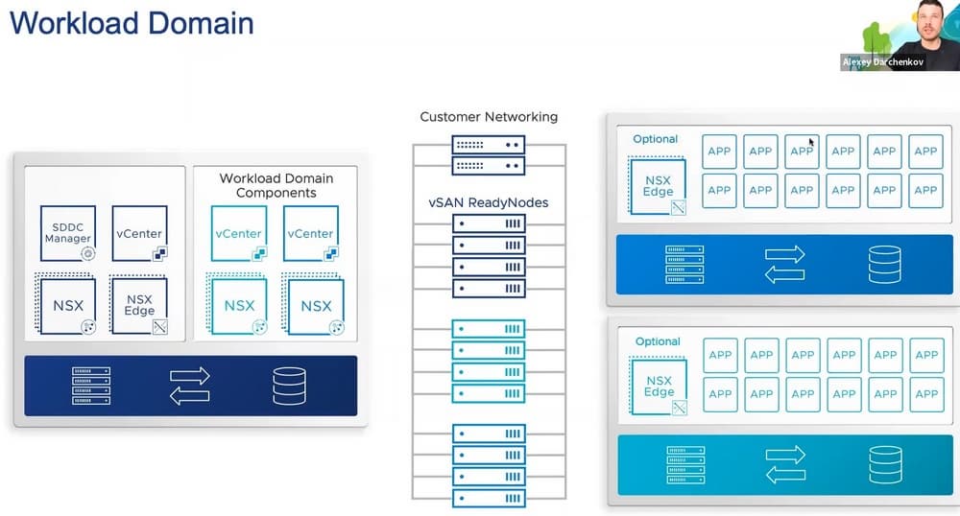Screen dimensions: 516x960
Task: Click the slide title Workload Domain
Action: coord(132,22)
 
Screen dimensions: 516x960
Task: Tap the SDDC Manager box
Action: coord(68,233)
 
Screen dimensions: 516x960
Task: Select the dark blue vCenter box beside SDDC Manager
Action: coord(139,233)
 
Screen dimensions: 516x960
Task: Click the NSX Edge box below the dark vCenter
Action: coord(139,305)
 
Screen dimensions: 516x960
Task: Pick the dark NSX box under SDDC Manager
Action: coord(68,305)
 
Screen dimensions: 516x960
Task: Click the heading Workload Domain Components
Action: coord(276,185)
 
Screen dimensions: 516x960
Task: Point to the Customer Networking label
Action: coord(489,117)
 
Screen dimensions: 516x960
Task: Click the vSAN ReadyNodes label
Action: coord(489,203)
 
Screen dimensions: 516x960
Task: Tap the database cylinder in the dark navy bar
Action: coord(289,386)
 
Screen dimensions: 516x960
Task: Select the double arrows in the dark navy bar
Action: coord(189,386)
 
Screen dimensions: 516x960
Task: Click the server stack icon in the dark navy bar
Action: coord(91,386)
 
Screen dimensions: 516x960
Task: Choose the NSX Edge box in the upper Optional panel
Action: coord(658,185)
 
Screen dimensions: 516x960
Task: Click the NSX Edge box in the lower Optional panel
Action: coord(659,387)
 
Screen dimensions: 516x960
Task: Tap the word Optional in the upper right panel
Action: coord(656,139)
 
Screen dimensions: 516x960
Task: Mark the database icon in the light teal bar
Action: coord(885,464)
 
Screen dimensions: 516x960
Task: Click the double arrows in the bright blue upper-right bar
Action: coord(785,265)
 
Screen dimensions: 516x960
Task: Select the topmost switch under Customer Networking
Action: coord(489,146)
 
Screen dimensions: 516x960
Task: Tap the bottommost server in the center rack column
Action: coord(489,499)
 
